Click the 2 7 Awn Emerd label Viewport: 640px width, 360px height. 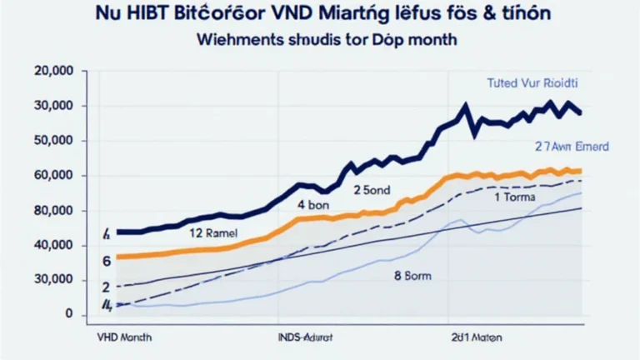(x=572, y=146)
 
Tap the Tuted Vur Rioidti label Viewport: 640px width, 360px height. (x=532, y=84)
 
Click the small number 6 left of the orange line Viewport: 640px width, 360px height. (x=107, y=261)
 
